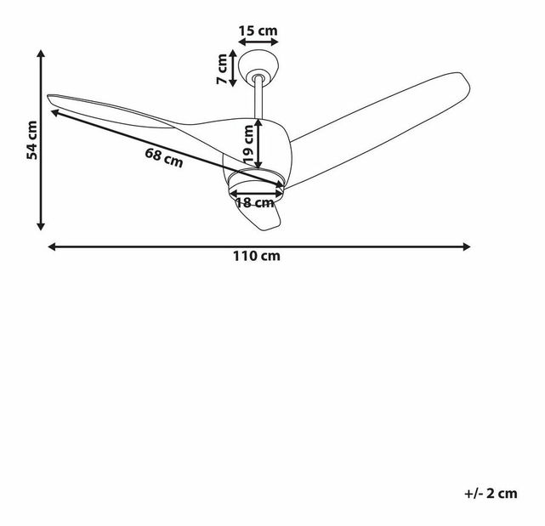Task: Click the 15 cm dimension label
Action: pos(258,31)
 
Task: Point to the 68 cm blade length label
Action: pos(163,157)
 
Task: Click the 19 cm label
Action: pos(248,144)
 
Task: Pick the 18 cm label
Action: pos(254,202)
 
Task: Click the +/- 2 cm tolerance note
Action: pos(491,492)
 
